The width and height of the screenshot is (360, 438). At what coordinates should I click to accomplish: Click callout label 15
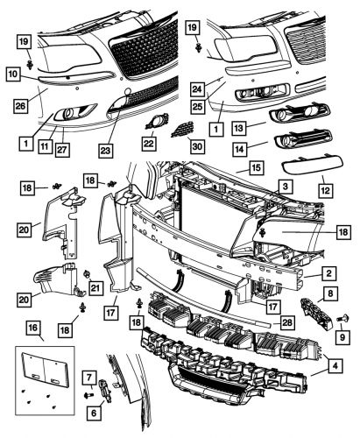pos(255,166)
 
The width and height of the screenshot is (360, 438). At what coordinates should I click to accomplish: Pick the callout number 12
pos(327,188)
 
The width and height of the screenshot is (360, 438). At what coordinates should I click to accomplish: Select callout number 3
pos(285,187)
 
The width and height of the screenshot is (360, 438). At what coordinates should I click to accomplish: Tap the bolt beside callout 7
pos(88,393)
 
